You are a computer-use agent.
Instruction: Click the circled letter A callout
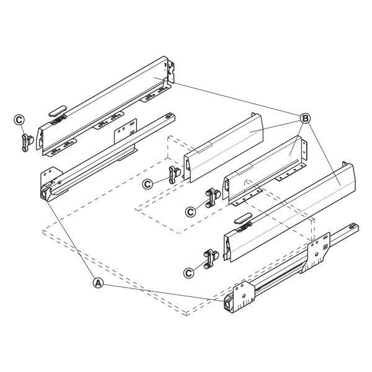[x=98, y=283]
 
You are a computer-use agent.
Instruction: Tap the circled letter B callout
[x=305, y=118]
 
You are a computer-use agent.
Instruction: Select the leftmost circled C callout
[x=19, y=120]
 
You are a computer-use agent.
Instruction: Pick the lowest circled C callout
[x=188, y=273]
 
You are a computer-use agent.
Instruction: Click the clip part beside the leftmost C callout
[x=27, y=143]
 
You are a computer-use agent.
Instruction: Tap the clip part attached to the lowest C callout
[x=211, y=259]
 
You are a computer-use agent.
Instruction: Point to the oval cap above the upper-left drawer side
[x=58, y=111]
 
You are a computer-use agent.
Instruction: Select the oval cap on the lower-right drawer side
[x=242, y=218]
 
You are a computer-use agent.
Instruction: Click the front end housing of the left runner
[x=46, y=192]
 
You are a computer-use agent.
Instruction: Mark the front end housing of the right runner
[x=229, y=303]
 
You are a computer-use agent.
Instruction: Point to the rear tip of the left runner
[x=171, y=117]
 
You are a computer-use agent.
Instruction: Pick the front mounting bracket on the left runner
[x=51, y=175]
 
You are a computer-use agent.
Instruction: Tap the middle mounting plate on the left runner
[x=125, y=131]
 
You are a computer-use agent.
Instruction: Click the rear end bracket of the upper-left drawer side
[x=171, y=71]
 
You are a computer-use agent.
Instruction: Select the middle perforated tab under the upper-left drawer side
[x=108, y=120]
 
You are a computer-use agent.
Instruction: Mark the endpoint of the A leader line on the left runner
[x=48, y=201]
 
